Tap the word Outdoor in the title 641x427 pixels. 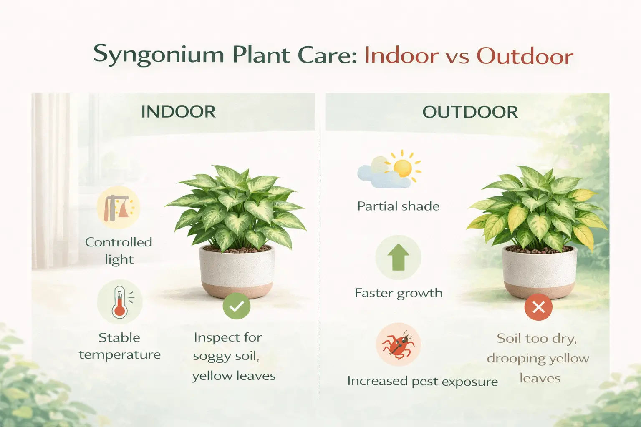(525, 56)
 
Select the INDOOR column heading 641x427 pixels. (178, 112)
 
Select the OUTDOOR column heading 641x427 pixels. (470, 112)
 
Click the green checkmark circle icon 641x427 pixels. (236, 306)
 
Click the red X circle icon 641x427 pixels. (538, 307)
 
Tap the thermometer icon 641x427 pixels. (120, 302)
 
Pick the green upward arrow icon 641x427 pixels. (398, 257)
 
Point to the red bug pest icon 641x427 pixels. (398, 344)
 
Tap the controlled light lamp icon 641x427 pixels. (119, 207)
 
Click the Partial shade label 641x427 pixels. (398, 206)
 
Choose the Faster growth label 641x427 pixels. (398, 293)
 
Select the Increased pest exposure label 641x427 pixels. (422, 381)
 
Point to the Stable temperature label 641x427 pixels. (119, 346)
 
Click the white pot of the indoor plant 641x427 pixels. (237, 271)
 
